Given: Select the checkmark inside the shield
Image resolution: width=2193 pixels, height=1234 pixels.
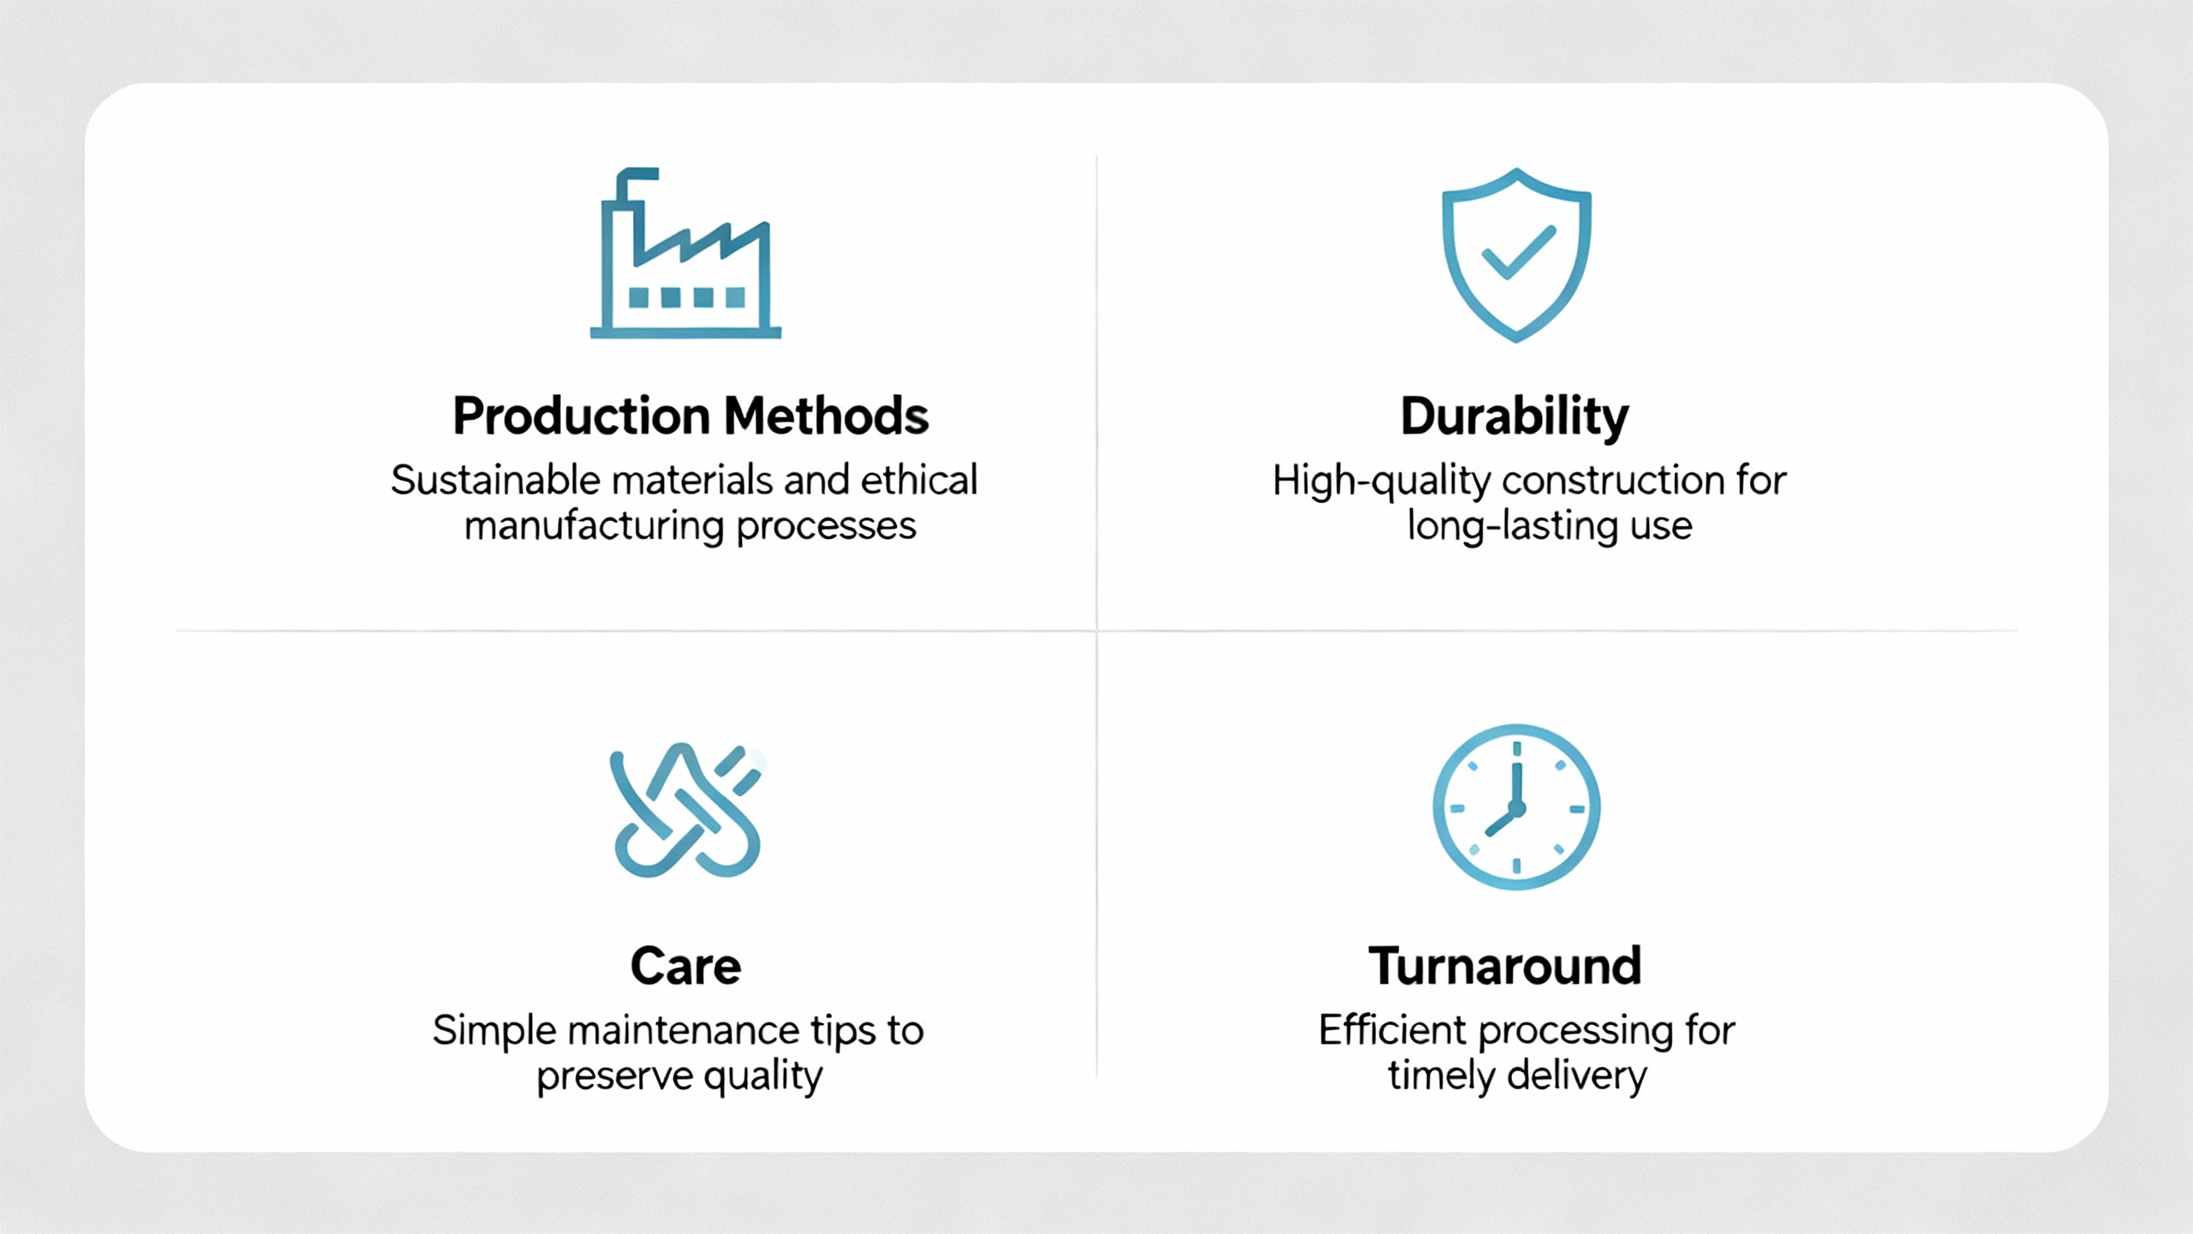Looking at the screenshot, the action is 1519,252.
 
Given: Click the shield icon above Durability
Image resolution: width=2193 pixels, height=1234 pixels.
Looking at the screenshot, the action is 1517,255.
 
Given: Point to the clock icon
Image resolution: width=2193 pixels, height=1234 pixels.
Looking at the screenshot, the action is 1516,807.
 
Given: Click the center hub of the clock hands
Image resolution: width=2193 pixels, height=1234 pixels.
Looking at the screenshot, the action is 1516,808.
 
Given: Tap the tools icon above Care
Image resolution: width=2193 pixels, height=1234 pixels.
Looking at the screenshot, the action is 685,810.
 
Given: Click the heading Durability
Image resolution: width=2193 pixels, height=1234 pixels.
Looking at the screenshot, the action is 1515,417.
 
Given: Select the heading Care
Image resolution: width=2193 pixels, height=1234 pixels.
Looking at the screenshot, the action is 685,967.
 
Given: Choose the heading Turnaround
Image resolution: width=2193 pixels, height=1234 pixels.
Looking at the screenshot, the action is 1505,967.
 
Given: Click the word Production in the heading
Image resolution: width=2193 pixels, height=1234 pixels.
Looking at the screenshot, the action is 582,416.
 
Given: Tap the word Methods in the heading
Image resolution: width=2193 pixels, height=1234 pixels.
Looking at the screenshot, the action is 827,416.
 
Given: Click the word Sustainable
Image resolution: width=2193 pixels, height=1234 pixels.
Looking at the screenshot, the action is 496,481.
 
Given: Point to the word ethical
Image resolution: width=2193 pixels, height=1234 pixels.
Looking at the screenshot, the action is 918,481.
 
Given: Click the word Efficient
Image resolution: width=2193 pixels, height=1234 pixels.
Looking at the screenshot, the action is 1392,1031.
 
